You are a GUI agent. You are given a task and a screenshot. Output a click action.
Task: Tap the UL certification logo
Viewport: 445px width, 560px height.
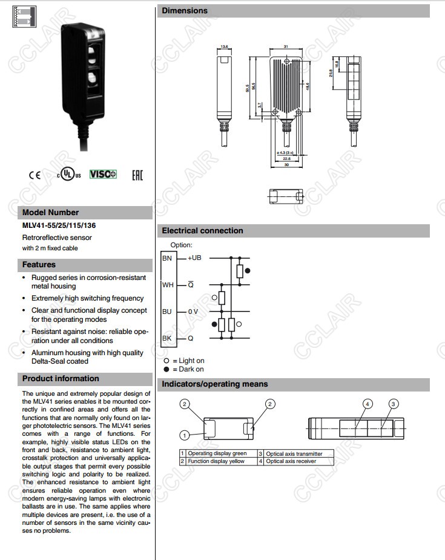point(68,175)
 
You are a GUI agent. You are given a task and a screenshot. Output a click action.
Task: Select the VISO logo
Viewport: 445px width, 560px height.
point(103,174)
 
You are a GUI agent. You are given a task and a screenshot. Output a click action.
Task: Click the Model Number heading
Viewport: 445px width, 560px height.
point(51,213)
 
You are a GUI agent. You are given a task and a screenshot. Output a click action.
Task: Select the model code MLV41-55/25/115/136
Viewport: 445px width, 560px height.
point(59,225)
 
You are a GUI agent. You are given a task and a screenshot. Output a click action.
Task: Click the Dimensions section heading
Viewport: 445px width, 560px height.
point(185,11)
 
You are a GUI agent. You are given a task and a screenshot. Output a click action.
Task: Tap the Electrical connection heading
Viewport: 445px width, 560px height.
point(202,231)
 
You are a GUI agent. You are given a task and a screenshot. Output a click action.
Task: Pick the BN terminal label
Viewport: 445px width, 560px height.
point(166,258)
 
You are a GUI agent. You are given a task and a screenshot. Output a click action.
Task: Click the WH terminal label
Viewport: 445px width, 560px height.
point(168,284)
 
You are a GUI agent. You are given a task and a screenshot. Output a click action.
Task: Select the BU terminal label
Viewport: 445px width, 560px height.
point(167,311)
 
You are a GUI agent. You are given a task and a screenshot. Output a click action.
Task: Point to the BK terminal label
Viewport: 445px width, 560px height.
point(166,338)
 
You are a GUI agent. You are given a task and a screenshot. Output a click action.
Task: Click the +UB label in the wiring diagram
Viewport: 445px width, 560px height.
point(194,258)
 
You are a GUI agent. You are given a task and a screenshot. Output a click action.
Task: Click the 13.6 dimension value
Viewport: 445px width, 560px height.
point(224,47)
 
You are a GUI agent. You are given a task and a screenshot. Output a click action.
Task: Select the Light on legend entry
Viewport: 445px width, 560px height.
point(188,361)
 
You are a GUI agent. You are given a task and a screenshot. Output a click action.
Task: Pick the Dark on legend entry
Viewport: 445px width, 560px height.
point(188,369)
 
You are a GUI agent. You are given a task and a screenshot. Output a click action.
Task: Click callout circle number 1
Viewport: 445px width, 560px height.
point(184,435)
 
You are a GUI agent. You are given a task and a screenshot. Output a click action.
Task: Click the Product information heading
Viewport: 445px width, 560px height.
point(61,379)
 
